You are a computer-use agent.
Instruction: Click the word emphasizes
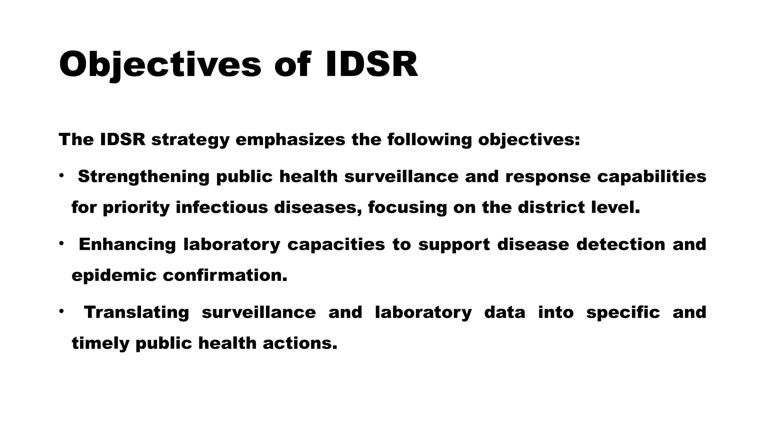pyautogui.click(x=290, y=140)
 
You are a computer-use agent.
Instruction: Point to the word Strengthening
pyautogui.click(x=144, y=177)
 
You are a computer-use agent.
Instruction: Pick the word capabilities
pyautogui.click(x=652, y=177)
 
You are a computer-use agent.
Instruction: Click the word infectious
pyautogui.click(x=222, y=207)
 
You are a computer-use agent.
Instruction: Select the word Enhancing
pyautogui.click(x=127, y=244)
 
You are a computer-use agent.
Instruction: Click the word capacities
pyautogui.click(x=336, y=244)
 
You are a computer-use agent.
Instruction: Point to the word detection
pyautogui.click(x=621, y=244)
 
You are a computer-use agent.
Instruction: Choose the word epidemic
pyautogui.click(x=114, y=275)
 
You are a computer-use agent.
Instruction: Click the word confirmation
pyautogui.click(x=225, y=275)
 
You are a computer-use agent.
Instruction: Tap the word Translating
pyautogui.click(x=136, y=312)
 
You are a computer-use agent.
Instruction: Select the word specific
pyautogui.click(x=623, y=312)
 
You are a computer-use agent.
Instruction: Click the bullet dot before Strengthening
pyautogui.click(x=62, y=175)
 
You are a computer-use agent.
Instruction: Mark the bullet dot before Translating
pyautogui.click(x=62, y=311)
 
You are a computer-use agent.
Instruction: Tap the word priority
pyautogui.click(x=136, y=208)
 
